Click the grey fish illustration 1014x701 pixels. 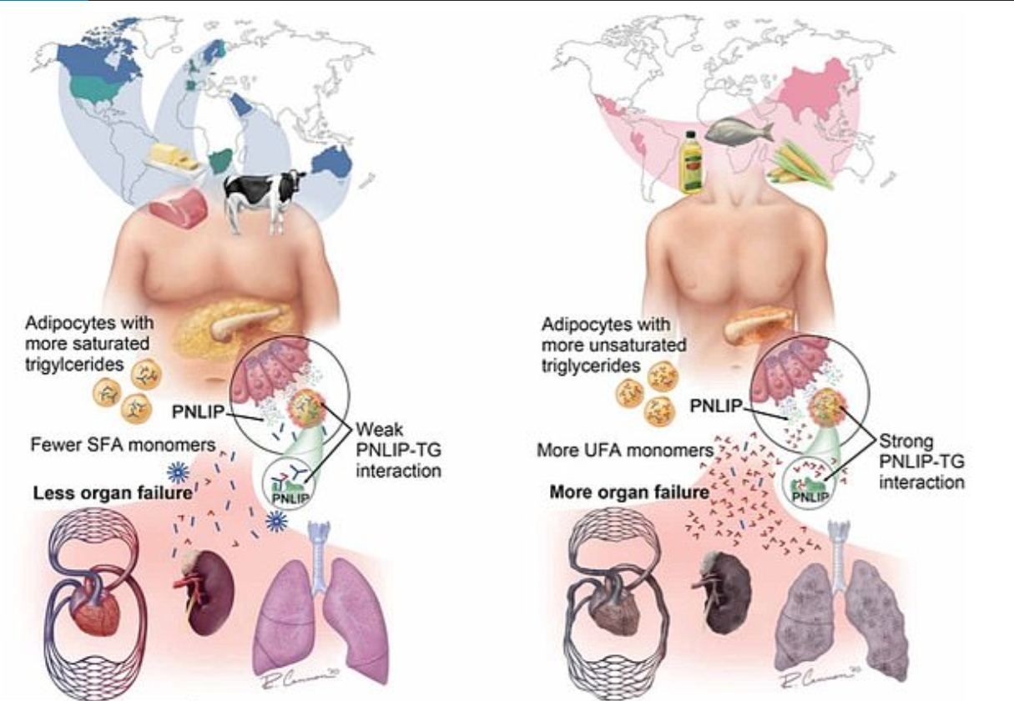click(739, 129)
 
